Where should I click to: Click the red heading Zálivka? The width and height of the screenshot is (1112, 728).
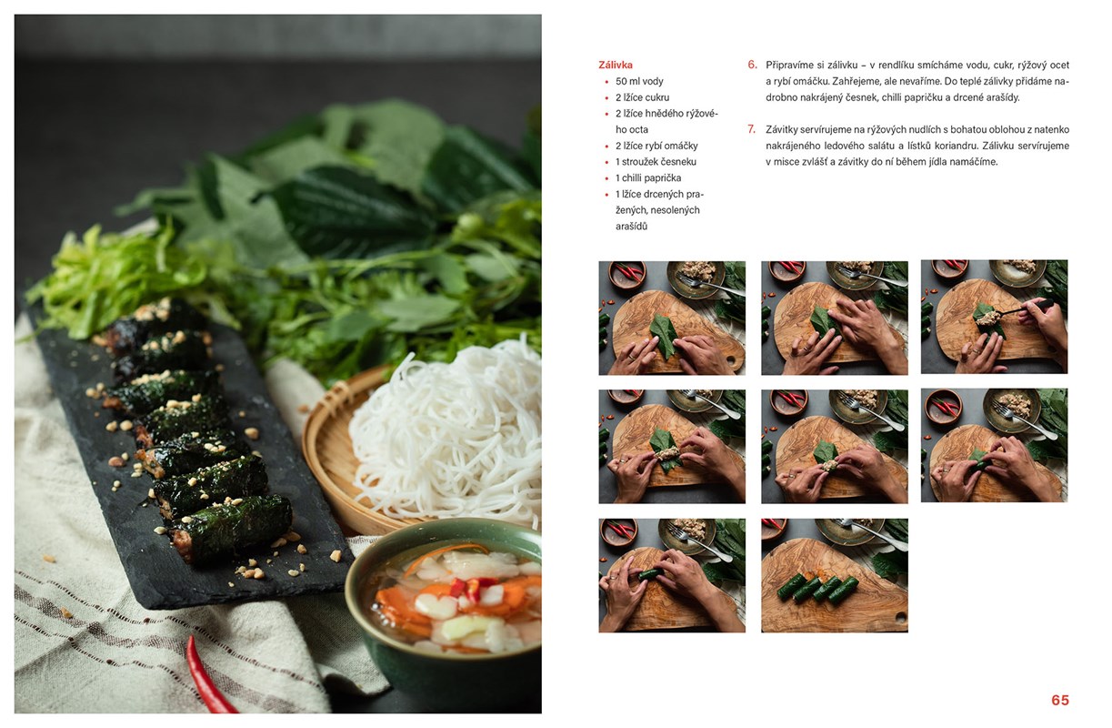[x=615, y=66]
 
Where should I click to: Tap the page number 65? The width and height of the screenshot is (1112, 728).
[x=1060, y=700]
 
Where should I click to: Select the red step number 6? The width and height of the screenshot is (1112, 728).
[x=753, y=65]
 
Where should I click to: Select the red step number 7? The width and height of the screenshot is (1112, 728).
[x=752, y=129]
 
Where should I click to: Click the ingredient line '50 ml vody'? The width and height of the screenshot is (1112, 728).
[x=639, y=82]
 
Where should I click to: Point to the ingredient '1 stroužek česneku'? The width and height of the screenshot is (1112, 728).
[x=656, y=162]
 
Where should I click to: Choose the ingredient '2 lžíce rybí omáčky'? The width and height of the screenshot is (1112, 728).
[x=656, y=147]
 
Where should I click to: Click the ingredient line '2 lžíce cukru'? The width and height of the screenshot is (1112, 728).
[x=643, y=97]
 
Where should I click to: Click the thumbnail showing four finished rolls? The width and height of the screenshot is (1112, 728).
[x=835, y=575]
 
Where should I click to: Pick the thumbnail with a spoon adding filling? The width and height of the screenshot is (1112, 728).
[x=995, y=317]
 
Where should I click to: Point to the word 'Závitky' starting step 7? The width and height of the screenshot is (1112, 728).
[x=782, y=130]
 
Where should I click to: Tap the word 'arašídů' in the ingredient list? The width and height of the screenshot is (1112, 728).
[x=631, y=227]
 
